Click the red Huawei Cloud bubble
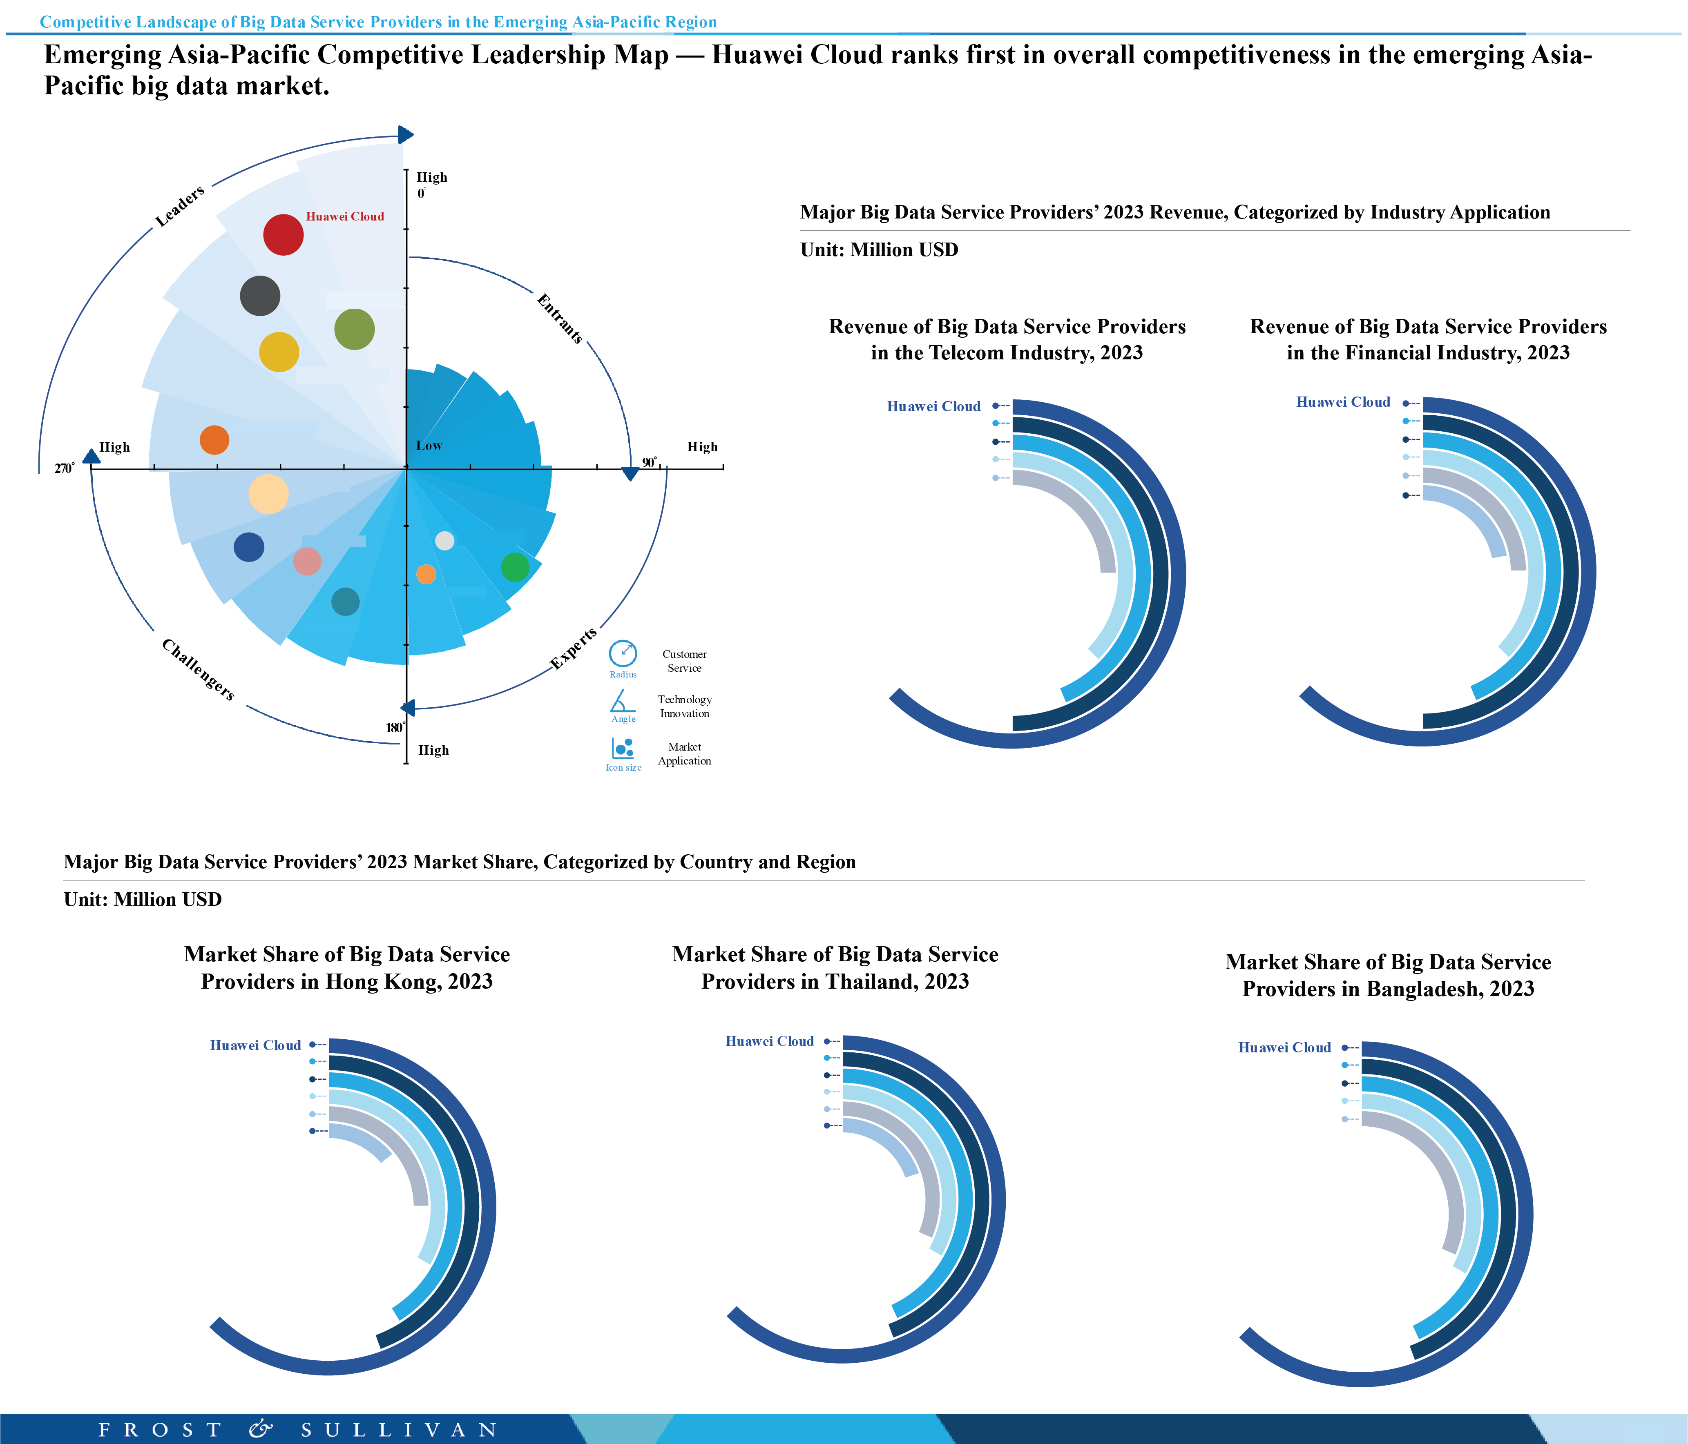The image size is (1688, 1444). [x=284, y=234]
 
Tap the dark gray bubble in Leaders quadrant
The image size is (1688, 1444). [x=260, y=296]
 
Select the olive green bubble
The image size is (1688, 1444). [x=354, y=329]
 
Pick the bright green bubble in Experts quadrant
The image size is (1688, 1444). [x=515, y=567]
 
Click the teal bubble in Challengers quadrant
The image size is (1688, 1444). [x=346, y=601]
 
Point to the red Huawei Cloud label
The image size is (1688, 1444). [x=345, y=216]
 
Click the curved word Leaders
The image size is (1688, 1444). [x=180, y=206]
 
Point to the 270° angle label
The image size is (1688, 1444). [x=65, y=468]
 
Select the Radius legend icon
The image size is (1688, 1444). [x=623, y=654]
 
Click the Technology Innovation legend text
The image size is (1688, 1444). [x=684, y=706]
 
